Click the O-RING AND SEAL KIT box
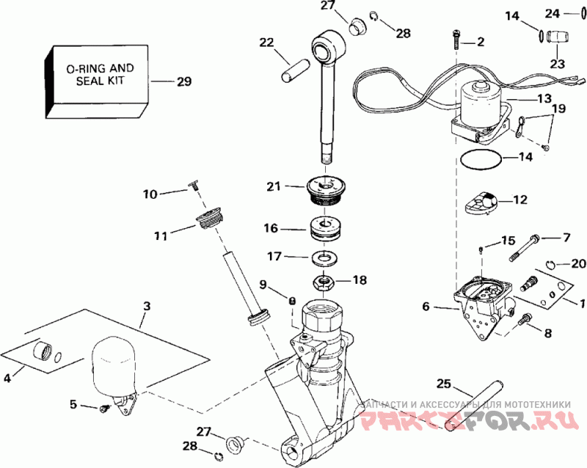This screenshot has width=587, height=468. pyautogui.click(x=97, y=81)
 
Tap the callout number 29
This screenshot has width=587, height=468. pyautogui.click(x=184, y=81)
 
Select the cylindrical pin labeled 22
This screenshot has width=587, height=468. pyautogui.click(x=295, y=70)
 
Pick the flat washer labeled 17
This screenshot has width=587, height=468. pyautogui.click(x=324, y=258)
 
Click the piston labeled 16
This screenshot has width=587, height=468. pyautogui.click(x=326, y=229)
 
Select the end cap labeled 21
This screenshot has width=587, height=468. pyautogui.click(x=326, y=191)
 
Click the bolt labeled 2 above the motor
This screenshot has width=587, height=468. pyautogui.click(x=456, y=40)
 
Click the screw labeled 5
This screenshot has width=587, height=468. pyautogui.click(x=104, y=408)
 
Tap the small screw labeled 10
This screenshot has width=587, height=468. pyautogui.click(x=194, y=186)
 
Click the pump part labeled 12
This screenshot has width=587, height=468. pyautogui.click(x=481, y=202)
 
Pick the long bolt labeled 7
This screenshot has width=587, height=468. pyautogui.click(x=524, y=247)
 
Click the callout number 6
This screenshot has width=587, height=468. pyautogui.click(x=426, y=307)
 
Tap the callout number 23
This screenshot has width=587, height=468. pyautogui.click(x=557, y=64)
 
